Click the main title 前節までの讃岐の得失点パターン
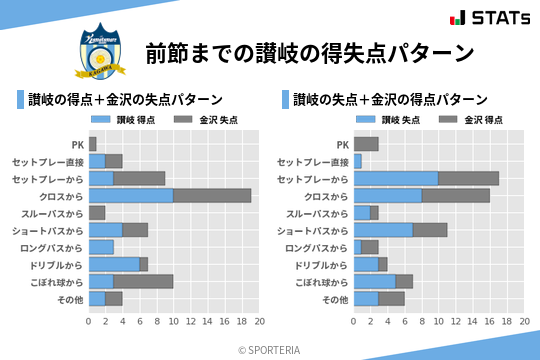pos(309,53)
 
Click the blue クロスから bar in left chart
pos(131,195)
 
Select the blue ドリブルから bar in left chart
pos(114,264)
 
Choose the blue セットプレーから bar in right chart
pos(396,178)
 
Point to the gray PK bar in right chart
pos(366,144)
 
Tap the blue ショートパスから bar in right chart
pos(383,230)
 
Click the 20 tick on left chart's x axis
pos(259,322)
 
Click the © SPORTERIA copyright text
pos(270,349)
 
